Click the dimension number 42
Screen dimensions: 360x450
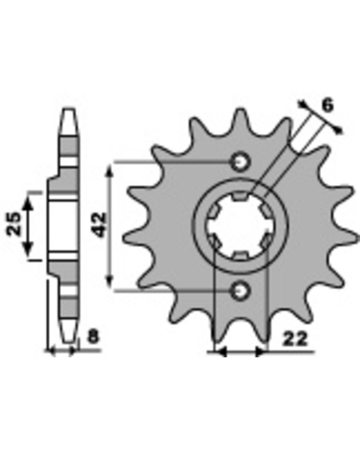[x=99, y=225]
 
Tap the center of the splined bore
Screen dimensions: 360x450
[x=240, y=226]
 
